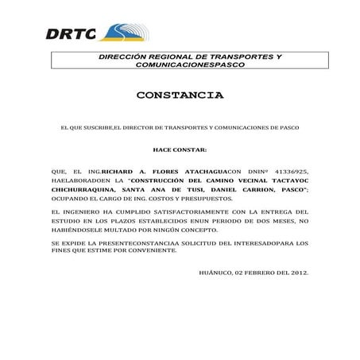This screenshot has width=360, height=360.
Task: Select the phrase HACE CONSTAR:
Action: [180, 149]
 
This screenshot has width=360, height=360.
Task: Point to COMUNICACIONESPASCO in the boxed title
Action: [190, 64]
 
